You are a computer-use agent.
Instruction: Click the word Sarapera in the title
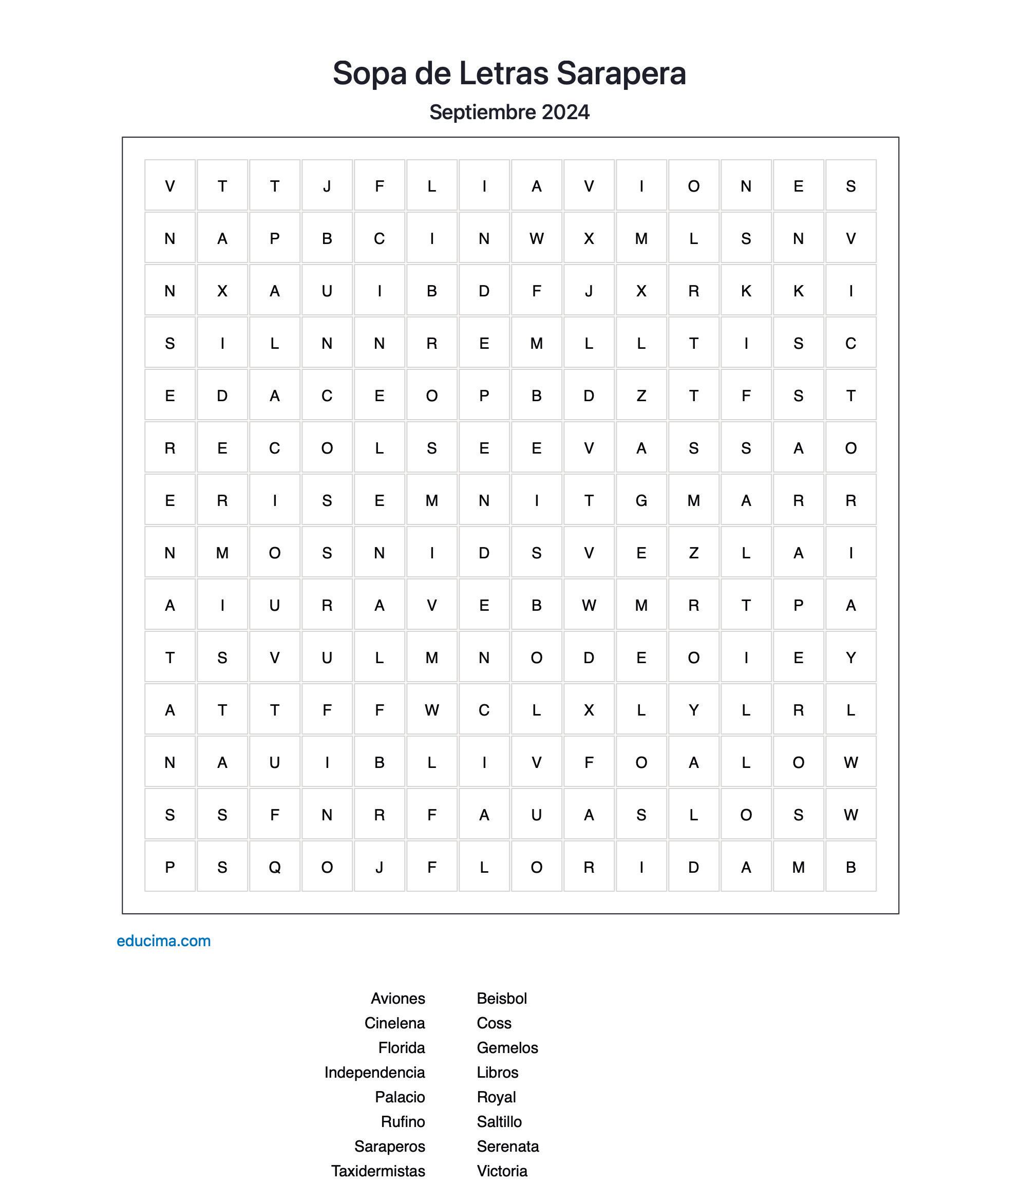[621, 73]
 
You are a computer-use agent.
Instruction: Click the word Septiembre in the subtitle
[482, 112]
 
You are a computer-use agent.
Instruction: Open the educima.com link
[163, 941]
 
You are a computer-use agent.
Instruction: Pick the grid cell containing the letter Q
[275, 868]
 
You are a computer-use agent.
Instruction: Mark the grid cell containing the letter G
[641, 501]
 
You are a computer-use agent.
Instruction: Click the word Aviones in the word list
[398, 999]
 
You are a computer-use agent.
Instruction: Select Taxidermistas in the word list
[378, 1171]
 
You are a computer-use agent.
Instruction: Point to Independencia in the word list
[374, 1073]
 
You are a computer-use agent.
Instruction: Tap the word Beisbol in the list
[502, 999]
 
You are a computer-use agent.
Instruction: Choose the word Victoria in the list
[502, 1171]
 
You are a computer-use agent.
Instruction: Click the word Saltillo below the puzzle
[499, 1122]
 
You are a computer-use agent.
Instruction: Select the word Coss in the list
[494, 1023]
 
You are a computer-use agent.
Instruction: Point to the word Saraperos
[389, 1147]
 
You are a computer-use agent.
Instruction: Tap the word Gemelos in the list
[507, 1048]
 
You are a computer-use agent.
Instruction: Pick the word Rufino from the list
[403, 1122]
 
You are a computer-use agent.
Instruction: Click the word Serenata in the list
[507, 1147]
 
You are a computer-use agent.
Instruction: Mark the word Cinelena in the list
[394, 1023]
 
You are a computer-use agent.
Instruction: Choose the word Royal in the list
[496, 1097]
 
